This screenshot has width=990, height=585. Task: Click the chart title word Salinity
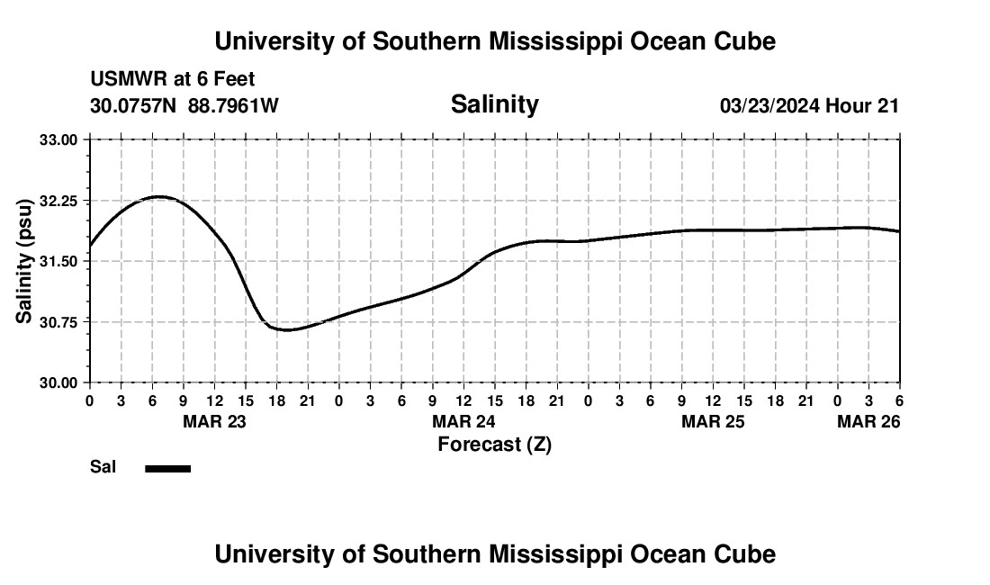pos(494,104)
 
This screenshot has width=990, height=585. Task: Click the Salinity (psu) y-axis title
pos(24,261)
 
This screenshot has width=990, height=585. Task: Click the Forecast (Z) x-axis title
pos(494,444)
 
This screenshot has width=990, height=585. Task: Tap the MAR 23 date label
pos(214,421)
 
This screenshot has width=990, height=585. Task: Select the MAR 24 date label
pos(463,421)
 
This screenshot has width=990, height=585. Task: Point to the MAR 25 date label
pos(713,421)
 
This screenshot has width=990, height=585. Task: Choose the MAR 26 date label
pos(868,421)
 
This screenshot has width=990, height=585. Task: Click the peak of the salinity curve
pos(158,196)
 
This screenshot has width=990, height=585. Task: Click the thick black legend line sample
pos(167,468)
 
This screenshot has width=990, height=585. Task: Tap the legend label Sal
pos(103,467)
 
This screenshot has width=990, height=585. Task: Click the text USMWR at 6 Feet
pos(172,79)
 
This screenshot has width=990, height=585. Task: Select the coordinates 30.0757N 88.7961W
pos(184,105)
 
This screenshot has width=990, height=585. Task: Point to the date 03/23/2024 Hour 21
pos(809,105)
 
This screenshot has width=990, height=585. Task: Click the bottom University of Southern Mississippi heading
pos(494,554)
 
